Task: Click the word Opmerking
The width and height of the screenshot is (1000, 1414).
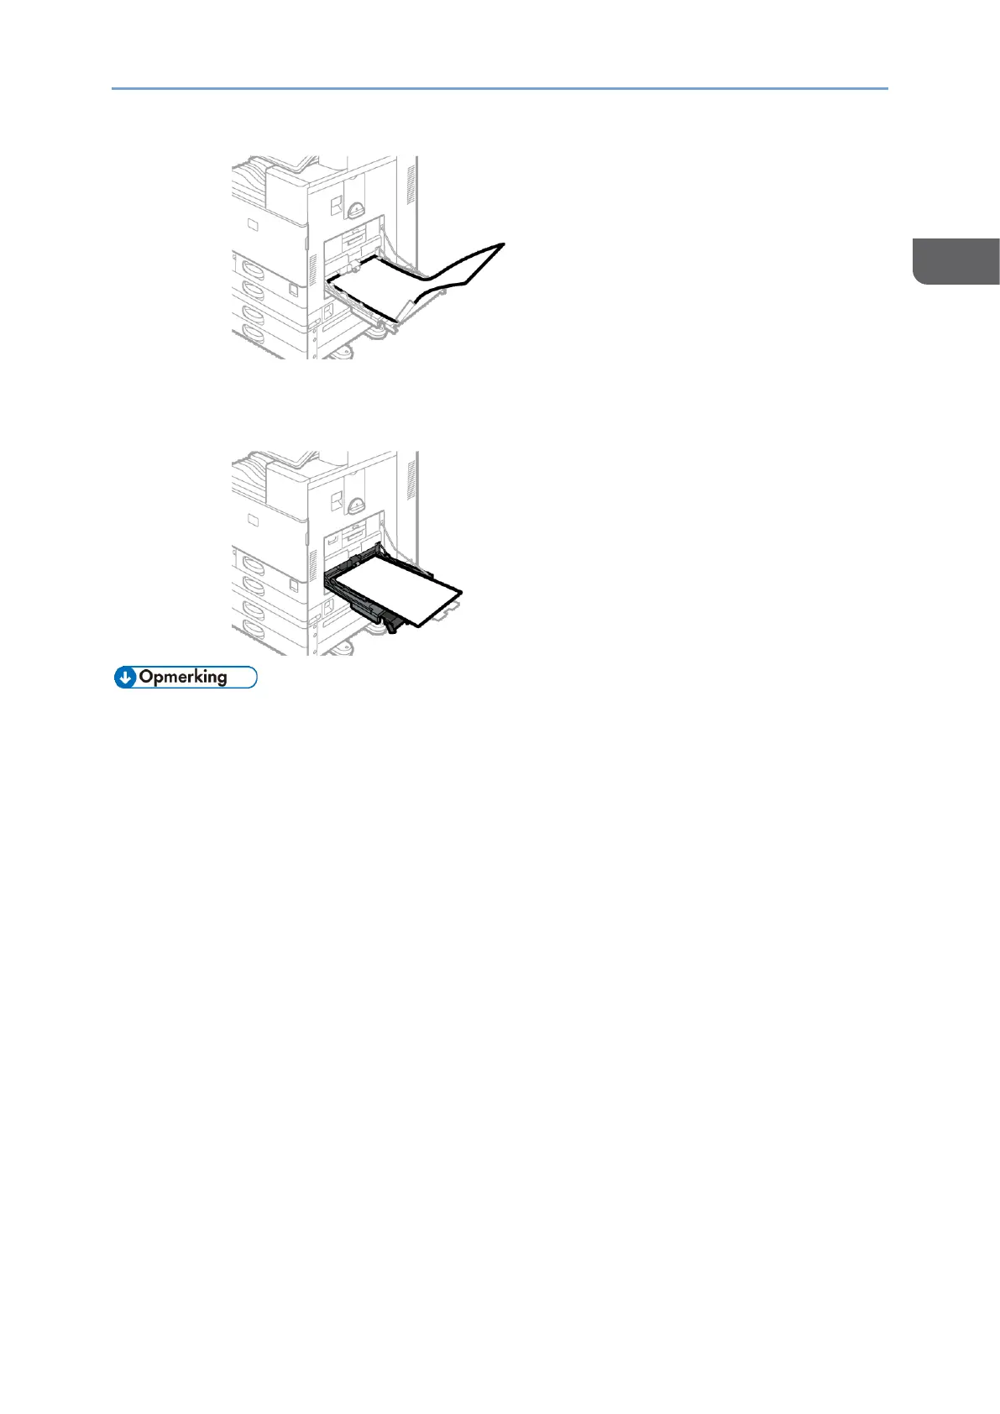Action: [183, 677]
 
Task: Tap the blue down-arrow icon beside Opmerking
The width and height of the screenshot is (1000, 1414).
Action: [125, 678]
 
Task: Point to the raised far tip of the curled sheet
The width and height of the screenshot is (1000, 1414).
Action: [502, 244]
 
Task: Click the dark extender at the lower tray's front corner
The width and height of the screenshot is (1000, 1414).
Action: [391, 622]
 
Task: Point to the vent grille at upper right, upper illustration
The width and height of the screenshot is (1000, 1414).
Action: [411, 184]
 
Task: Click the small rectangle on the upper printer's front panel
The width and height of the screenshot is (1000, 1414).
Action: [253, 223]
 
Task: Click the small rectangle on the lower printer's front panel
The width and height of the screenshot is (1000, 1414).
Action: [253, 520]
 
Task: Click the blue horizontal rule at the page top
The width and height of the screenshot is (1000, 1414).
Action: [500, 87]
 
